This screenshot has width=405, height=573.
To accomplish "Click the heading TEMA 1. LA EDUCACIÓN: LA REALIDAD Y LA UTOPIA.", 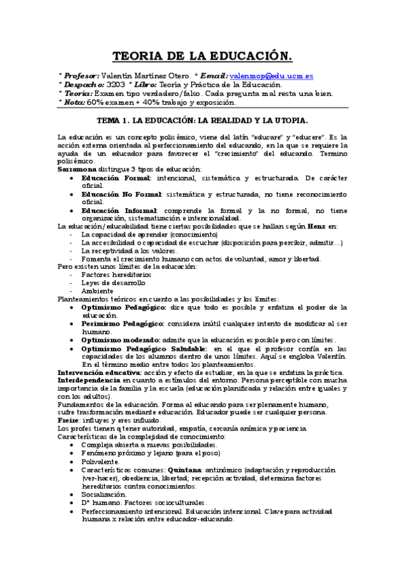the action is click(x=202, y=120).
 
